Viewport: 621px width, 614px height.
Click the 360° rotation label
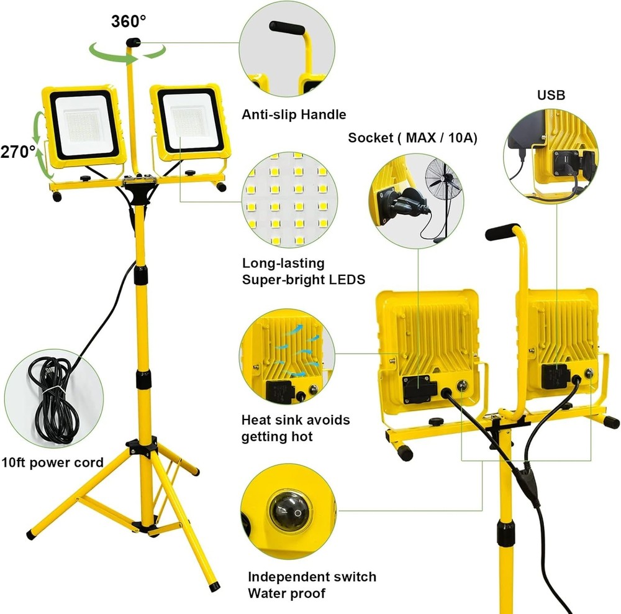129,21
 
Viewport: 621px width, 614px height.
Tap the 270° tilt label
18,151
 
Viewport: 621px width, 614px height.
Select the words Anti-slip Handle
294,114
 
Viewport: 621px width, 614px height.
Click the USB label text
551,95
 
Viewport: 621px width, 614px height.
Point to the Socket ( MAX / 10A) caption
412,137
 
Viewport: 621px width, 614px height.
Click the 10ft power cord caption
52,462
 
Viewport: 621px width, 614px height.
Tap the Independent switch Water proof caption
312,585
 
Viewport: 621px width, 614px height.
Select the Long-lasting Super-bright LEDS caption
303,271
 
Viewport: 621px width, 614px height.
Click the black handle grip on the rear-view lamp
503,232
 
